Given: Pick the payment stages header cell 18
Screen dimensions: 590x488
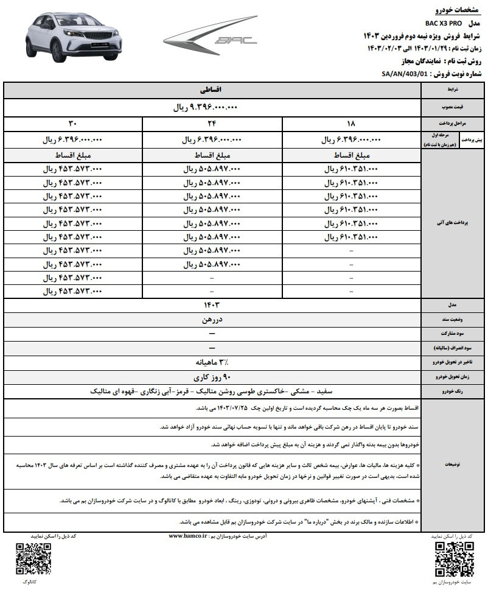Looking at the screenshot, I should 352,124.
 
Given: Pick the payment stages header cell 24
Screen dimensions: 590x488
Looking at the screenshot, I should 211,124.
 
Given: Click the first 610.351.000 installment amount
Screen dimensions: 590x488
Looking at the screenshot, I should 352,168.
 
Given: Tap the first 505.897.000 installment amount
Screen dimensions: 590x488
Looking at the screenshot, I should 211,168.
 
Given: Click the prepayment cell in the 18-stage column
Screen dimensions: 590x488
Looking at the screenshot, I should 352,139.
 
